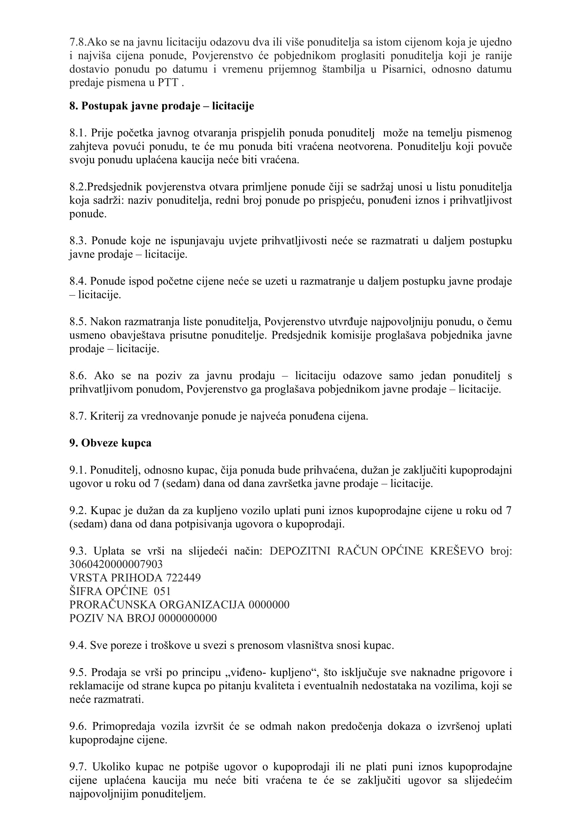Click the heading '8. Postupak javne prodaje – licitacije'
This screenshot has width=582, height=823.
coord(162,106)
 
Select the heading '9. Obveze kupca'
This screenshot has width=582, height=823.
coord(110,443)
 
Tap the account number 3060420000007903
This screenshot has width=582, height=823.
coord(116,564)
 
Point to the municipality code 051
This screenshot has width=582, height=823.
coord(162,591)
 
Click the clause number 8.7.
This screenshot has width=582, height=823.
coord(78,416)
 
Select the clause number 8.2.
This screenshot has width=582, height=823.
coord(78,187)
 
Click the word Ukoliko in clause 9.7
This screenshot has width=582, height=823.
coord(110,767)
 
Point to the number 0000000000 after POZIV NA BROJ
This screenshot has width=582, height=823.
coord(188,618)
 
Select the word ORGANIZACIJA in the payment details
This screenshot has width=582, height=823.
coord(202,605)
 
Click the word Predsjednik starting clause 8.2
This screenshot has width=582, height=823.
coord(115,187)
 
